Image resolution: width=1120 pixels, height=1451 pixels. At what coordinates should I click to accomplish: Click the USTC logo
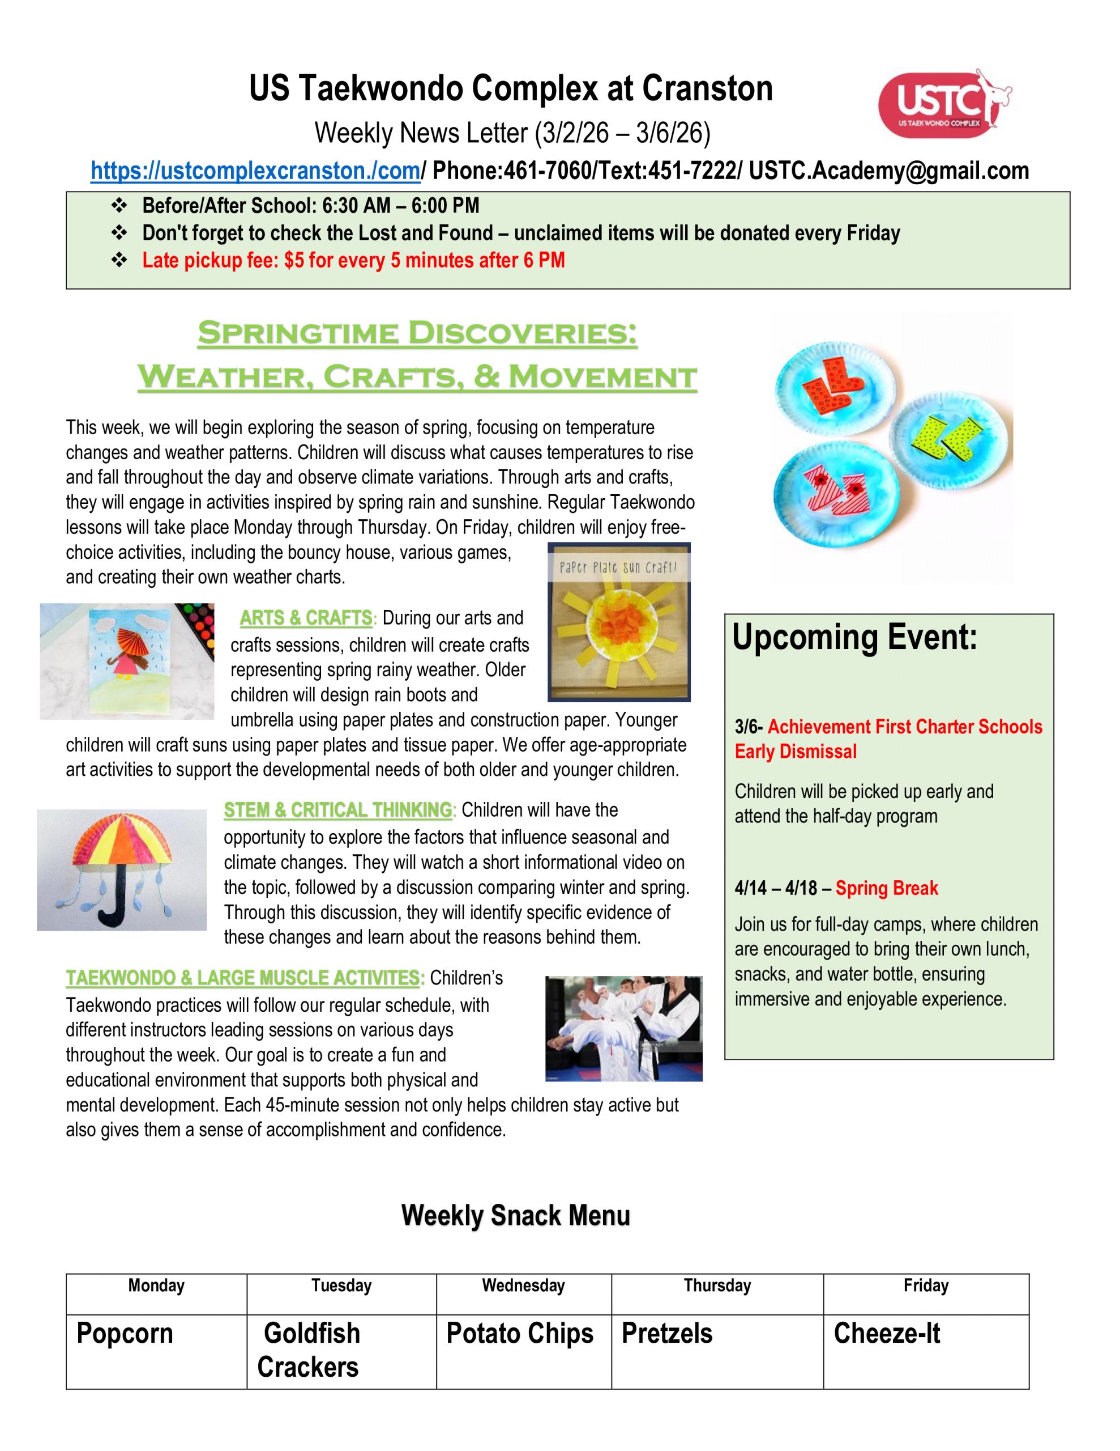tap(943, 103)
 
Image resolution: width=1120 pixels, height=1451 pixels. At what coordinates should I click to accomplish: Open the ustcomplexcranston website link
tap(255, 171)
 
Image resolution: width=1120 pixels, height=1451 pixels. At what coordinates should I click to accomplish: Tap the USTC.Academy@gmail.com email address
tap(889, 171)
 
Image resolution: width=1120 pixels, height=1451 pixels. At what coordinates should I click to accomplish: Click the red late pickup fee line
tap(353, 260)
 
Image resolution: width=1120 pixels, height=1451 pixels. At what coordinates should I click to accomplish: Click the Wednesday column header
tap(523, 1285)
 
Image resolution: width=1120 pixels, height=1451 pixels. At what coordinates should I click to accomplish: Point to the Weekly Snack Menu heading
tap(515, 1216)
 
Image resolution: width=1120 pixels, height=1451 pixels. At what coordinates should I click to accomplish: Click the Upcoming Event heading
tap(854, 638)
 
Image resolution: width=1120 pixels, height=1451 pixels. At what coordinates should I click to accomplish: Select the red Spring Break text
tap(886, 888)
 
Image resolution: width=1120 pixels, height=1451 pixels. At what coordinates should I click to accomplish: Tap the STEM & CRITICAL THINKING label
tap(337, 811)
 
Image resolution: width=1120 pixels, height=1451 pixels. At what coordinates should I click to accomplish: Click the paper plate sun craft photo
tap(619, 622)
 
